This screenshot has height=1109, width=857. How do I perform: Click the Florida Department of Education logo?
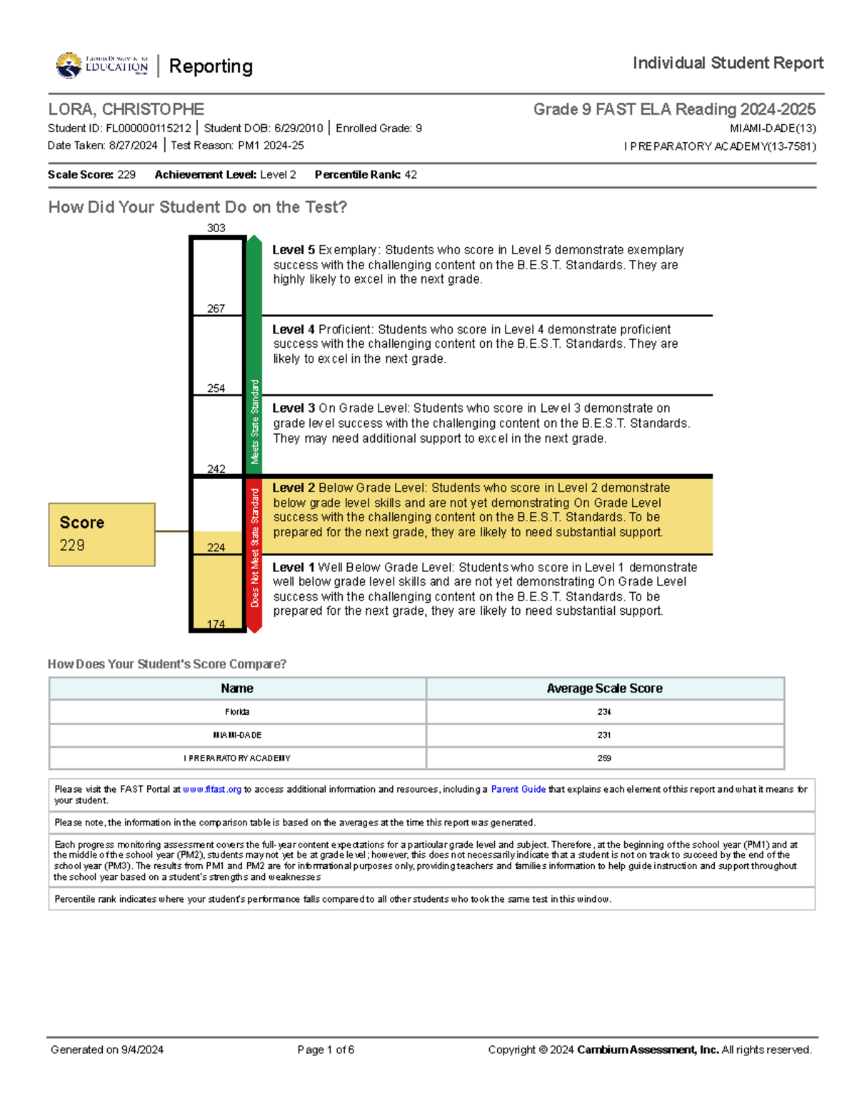coord(101,66)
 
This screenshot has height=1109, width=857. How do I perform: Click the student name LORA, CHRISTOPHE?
coord(126,109)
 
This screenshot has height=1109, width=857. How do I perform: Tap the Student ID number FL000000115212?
coord(149,129)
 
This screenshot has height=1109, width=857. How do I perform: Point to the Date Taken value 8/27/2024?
coord(133,146)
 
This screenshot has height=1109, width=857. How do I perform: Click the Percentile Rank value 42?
coord(411,175)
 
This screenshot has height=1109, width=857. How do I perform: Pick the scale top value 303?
coord(216,229)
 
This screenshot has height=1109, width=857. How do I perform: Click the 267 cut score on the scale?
coord(216,308)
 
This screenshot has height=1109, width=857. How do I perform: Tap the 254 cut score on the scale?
coord(216,388)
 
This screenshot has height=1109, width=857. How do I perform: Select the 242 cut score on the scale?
coord(216,469)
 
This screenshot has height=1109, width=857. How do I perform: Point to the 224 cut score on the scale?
coord(216,548)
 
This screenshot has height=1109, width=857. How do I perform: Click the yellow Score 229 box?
coord(101,534)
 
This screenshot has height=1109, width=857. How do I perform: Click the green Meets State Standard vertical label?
coord(254,421)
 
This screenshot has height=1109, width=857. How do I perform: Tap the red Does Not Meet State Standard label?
coord(254,548)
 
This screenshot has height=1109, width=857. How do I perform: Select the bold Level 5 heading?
coord(294,250)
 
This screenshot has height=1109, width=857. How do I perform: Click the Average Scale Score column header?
coord(604,688)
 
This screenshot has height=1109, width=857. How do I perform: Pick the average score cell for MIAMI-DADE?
coord(604,735)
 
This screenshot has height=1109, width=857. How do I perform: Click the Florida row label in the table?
coord(237,712)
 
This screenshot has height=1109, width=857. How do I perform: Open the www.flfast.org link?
coord(212,790)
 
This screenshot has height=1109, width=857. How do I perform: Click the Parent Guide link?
coord(518,790)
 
